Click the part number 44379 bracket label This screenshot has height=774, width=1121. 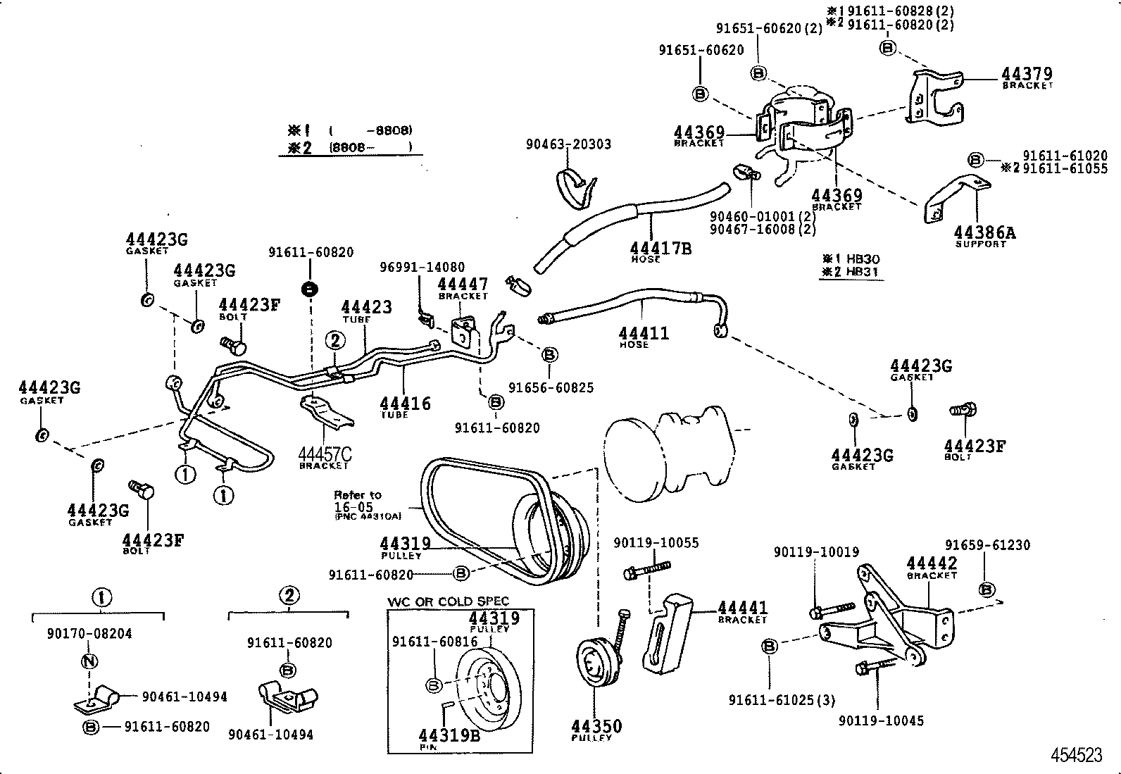[1027, 75]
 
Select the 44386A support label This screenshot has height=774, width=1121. [984, 233]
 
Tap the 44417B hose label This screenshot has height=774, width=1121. [660, 249]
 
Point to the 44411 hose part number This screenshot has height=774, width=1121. [644, 333]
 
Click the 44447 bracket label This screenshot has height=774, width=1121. [463, 285]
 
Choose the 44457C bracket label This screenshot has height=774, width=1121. [325, 456]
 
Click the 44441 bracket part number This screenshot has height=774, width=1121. [743, 608]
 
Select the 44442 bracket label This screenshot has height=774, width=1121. [932, 563]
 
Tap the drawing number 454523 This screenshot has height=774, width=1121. [1076, 755]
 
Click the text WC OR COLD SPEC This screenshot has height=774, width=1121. [448, 601]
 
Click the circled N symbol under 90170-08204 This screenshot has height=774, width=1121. [89, 661]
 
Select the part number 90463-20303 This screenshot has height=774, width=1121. [568, 144]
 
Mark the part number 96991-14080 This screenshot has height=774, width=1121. [422, 268]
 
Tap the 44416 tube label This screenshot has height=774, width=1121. [405, 404]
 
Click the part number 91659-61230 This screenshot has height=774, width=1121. [987, 545]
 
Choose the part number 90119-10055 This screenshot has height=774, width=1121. [656, 543]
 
